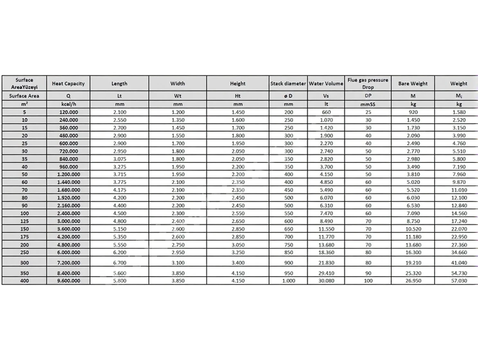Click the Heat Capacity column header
click(x=68, y=83)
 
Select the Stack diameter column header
click(x=288, y=83)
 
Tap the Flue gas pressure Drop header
click(x=368, y=83)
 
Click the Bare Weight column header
click(x=413, y=83)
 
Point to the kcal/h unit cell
click(x=68, y=104)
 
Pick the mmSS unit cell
click(x=368, y=104)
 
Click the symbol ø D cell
click(x=288, y=96)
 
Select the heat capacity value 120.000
click(x=68, y=112)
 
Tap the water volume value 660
click(x=326, y=112)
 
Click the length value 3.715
click(x=119, y=175)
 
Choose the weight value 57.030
click(x=458, y=281)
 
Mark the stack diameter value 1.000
click(x=288, y=281)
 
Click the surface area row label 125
click(x=24, y=221)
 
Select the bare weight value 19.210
click(x=413, y=263)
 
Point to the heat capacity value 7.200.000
click(x=68, y=263)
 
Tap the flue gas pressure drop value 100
click(x=368, y=281)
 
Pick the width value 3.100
click(x=178, y=263)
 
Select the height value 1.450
click(x=238, y=112)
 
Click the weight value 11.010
click(x=458, y=190)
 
